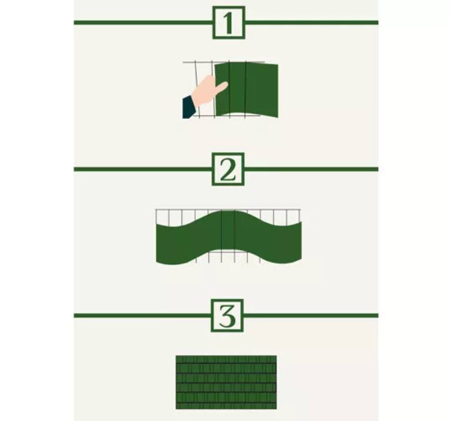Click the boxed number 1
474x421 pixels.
pyautogui.click(x=229, y=22)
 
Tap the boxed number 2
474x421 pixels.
pyautogui.click(x=228, y=169)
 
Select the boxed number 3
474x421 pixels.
pyautogui.click(x=227, y=315)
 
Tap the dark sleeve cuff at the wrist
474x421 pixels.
pyautogui.click(x=188, y=107)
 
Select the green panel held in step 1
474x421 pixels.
pyautogui.click(x=246, y=90)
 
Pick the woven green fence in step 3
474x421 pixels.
pyautogui.click(x=226, y=383)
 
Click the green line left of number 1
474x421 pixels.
pyautogui.click(x=143, y=22)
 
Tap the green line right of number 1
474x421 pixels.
pyautogui.click(x=311, y=22)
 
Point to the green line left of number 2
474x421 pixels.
pyautogui.click(x=142, y=169)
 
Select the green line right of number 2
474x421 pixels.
pyautogui.click(x=311, y=169)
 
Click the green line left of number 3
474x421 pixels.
pyautogui.click(x=142, y=315)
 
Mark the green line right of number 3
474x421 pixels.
pyautogui.click(x=311, y=315)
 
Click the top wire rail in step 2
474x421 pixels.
pyautogui.click(x=228, y=209)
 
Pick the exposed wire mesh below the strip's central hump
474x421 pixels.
pyautogui.click(x=228, y=256)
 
